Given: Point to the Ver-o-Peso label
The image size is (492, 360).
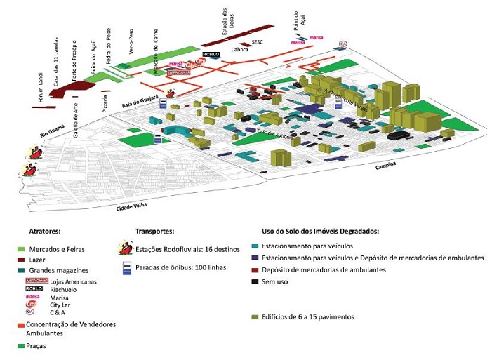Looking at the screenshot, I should coord(131,42).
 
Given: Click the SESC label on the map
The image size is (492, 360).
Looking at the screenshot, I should coord(257,42).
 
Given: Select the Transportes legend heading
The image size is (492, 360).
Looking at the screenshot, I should coord(155,230).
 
